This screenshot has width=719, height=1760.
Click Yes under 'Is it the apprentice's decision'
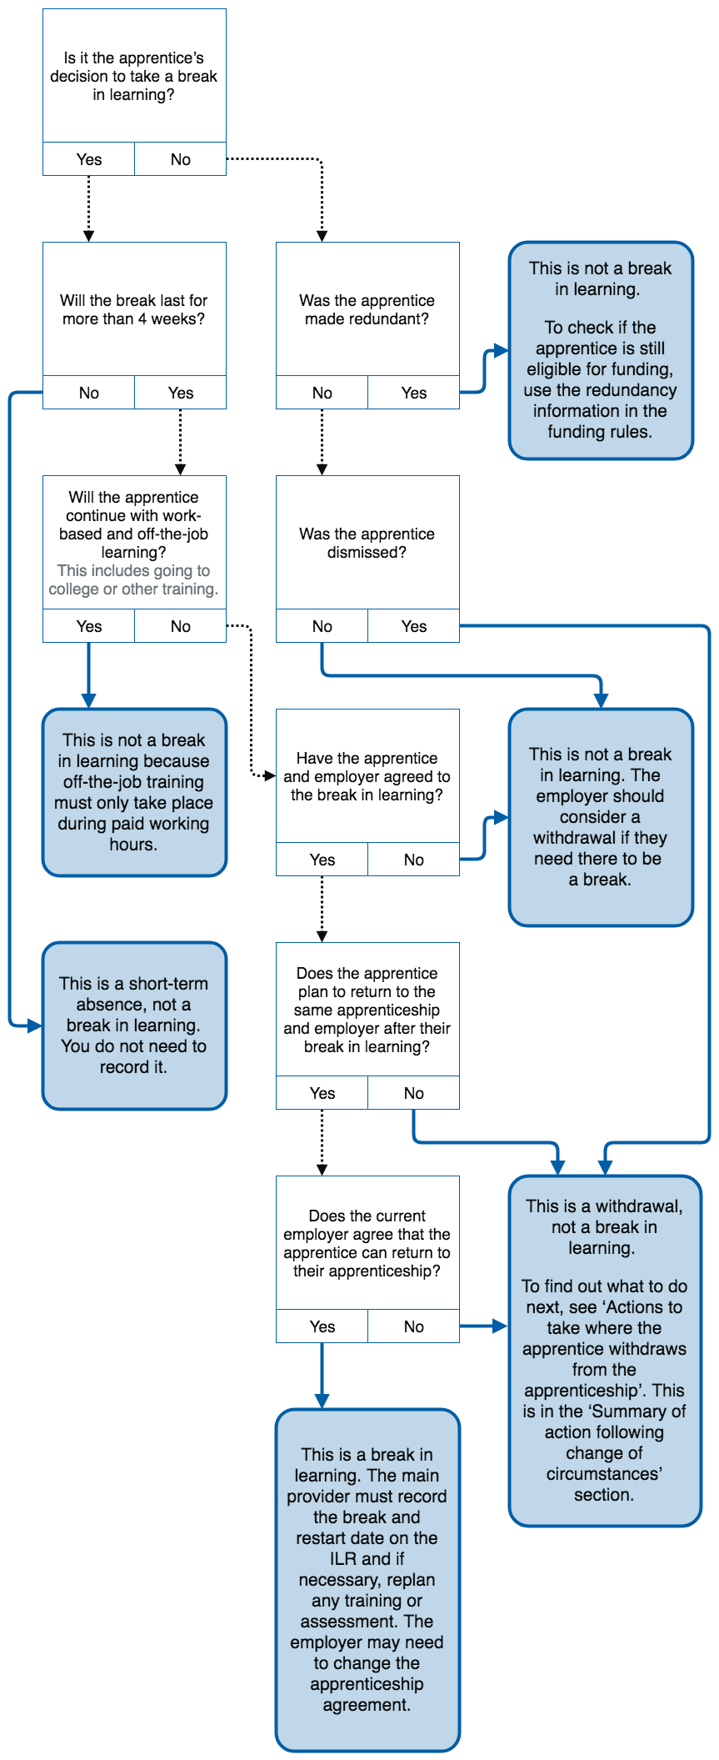pyautogui.click(x=89, y=159)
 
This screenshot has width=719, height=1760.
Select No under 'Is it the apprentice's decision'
pyautogui.click(x=181, y=159)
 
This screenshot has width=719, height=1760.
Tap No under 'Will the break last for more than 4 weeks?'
pyautogui.click(x=89, y=393)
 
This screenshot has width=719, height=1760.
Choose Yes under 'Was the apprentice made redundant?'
pyautogui.click(x=414, y=393)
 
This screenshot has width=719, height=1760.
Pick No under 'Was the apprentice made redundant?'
pyautogui.click(x=322, y=393)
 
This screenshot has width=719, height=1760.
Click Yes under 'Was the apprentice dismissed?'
pyautogui.click(x=414, y=626)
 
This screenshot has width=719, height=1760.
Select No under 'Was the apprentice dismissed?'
pyautogui.click(x=322, y=626)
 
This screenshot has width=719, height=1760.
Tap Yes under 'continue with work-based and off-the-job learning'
pyautogui.click(x=89, y=626)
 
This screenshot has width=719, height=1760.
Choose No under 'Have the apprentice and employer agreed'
pyautogui.click(x=414, y=860)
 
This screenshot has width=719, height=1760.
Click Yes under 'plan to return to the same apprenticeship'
pyautogui.click(x=322, y=1093)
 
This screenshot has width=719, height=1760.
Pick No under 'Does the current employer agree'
pyautogui.click(x=414, y=1326)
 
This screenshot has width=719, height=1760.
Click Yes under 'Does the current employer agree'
pyautogui.click(x=322, y=1326)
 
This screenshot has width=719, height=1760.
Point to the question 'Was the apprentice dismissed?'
pyautogui.click(x=367, y=543)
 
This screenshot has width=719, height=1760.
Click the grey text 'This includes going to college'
pyautogui.click(x=134, y=579)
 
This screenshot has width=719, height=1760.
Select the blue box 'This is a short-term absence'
pyautogui.click(x=134, y=1025)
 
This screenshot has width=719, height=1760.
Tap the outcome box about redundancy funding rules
pyautogui.click(x=601, y=350)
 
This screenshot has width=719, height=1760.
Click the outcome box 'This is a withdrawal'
pyautogui.click(x=605, y=1351)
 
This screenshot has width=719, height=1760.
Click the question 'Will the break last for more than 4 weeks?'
pyautogui.click(x=134, y=309)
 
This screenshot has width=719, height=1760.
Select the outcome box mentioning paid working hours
pyautogui.click(x=134, y=792)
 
